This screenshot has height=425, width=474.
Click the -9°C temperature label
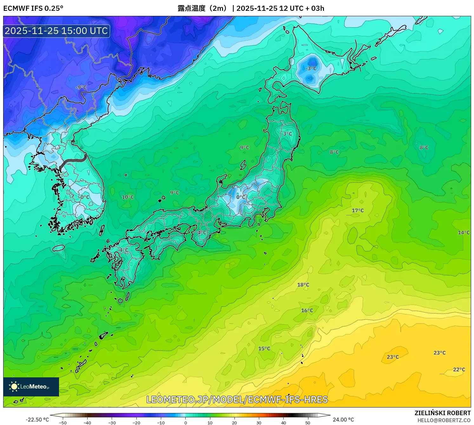81,87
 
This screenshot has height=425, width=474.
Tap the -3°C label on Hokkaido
311,69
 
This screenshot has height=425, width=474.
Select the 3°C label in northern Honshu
287,134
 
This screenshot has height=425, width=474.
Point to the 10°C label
128,197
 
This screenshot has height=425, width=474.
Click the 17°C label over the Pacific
358,211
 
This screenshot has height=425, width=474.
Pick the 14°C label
464,233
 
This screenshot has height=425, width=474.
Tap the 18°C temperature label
303,285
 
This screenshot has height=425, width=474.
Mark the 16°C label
307,311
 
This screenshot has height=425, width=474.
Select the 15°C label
264,349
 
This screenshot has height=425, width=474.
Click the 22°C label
459,370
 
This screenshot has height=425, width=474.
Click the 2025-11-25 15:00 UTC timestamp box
56,31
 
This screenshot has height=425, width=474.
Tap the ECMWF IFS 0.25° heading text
33,8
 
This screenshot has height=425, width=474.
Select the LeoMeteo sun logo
14,387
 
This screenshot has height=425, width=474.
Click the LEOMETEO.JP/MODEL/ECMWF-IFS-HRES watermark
237,400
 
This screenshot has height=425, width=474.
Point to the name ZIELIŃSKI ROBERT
443,413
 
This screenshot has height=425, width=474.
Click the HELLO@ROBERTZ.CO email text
444,420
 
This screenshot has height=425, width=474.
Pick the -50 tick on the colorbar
63,423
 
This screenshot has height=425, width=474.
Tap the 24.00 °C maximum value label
343,420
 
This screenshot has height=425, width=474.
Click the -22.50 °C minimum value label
37,420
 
